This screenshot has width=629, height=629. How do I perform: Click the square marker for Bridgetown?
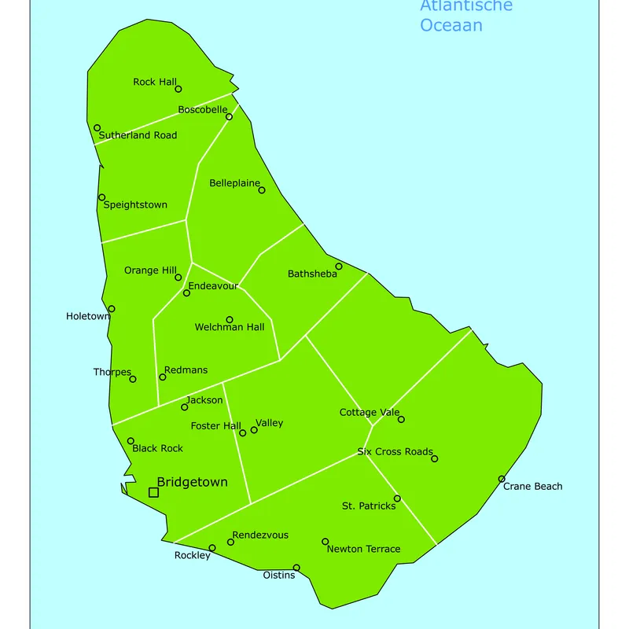pyautogui.click(x=153, y=492)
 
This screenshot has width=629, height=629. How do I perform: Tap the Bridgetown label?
pyautogui.click(x=193, y=482)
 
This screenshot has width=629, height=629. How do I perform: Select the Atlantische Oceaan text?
pyautogui.click(x=465, y=16)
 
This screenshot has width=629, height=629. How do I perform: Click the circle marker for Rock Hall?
pyautogui.click(x=178, y=89)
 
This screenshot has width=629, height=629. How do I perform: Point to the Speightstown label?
pyautogui.click(x=135, y=204)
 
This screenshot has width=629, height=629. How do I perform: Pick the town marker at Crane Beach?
pyautogui.click(x=502, y=479)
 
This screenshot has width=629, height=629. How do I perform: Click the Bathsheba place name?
pyautogui.click(x=312, y=274)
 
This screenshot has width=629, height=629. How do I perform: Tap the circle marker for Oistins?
pyautogui.click(x=296, y=568)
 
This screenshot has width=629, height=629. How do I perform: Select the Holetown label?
pyautogui.click(x=88, y=316)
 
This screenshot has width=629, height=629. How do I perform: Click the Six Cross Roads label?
pyautogui.click(x=395, y=451)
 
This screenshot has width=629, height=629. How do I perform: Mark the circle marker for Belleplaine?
pyautogui.click(x=262, y=189)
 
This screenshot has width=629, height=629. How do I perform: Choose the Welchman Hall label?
pyautogui.click(x=230, y=327)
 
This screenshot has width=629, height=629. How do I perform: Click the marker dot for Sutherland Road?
pyautogui.click(x=97, y=127)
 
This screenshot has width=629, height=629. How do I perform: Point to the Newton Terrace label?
pyautogui.click(x=363, y=549)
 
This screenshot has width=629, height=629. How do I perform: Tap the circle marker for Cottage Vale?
pyautogui.click(x=401, y=419)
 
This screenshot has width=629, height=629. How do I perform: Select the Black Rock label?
pyautogui.click(x=157, y=448)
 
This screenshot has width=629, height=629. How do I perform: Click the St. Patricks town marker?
pyautogui.click(x=397, y=498)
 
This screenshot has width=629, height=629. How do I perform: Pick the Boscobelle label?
pyautogui.click(x=202, y=109)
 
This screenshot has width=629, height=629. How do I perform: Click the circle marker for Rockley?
pyautogui.click(x=212, y=548)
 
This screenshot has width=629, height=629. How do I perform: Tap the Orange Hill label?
pyautogui.click(x=150, y=270)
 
